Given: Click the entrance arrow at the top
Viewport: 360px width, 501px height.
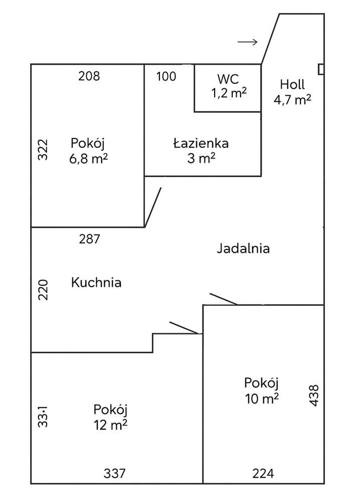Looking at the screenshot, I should [247, 42].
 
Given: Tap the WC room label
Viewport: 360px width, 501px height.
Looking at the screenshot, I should [228, 79].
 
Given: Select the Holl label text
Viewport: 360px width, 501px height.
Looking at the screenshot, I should [292, 84].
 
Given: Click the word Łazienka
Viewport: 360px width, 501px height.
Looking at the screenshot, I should [201, 143].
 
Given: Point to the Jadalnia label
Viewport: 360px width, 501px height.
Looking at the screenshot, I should [243, 248].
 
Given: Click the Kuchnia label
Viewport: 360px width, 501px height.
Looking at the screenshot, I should [96, 282].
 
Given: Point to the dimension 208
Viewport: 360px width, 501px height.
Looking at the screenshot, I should [89, 76].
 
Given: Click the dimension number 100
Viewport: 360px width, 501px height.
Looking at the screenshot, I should [166, 76].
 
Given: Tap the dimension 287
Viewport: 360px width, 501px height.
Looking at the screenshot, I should [90, 239].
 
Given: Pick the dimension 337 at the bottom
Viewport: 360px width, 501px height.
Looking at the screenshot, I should [114, 473].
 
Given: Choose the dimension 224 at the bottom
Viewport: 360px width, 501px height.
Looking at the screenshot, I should [263, 473].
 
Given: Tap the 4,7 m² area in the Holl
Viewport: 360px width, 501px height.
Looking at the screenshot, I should [292, 99].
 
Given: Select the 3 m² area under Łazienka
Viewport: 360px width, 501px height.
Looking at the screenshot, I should [201, 158].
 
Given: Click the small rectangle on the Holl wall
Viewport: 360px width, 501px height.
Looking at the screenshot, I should [321, 69].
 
